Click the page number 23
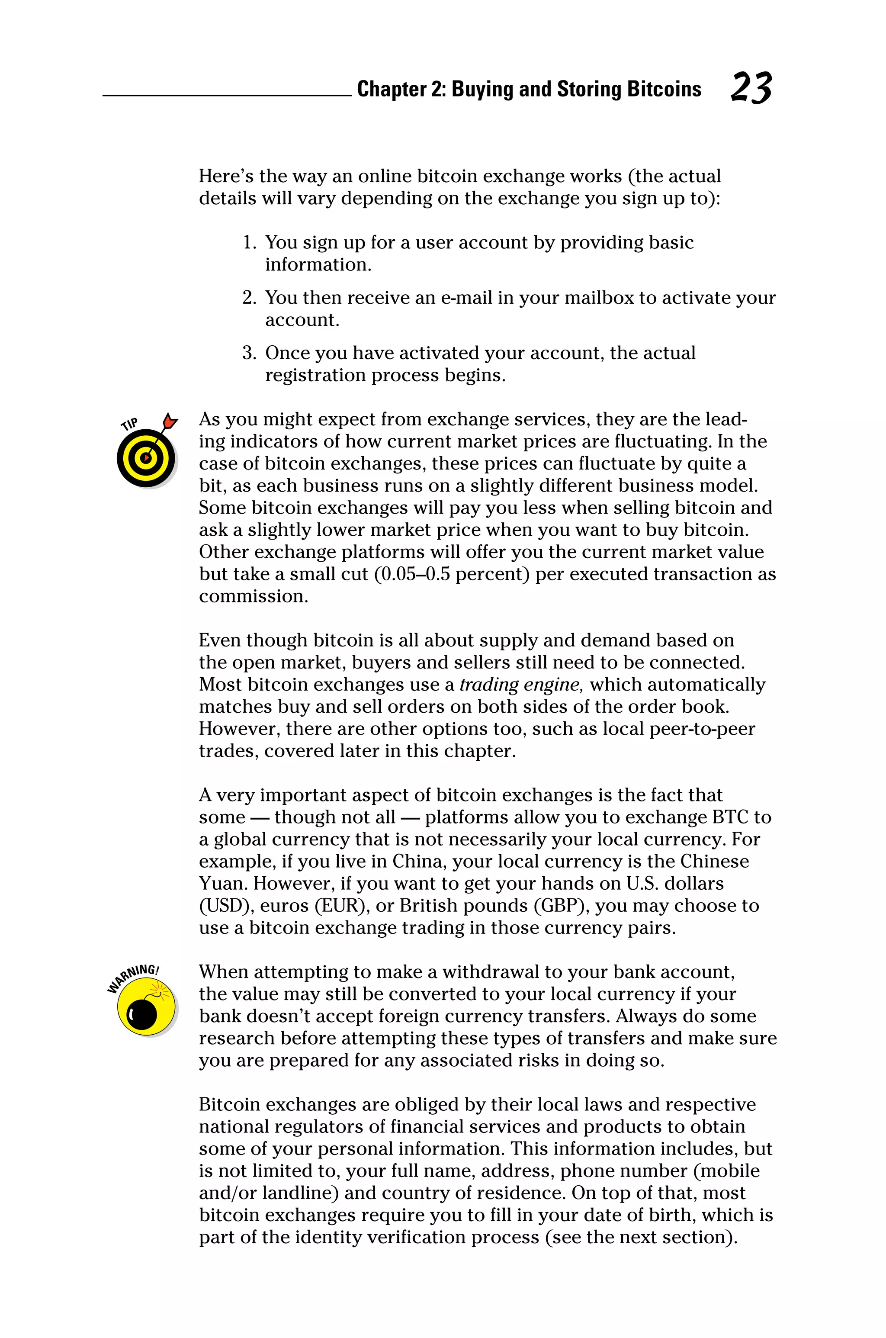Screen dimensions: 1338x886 click(751, 88)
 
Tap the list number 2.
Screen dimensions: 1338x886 click(249, 298)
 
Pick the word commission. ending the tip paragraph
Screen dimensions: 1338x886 click(253, 597)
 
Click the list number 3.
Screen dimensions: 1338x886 click(249, 353)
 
